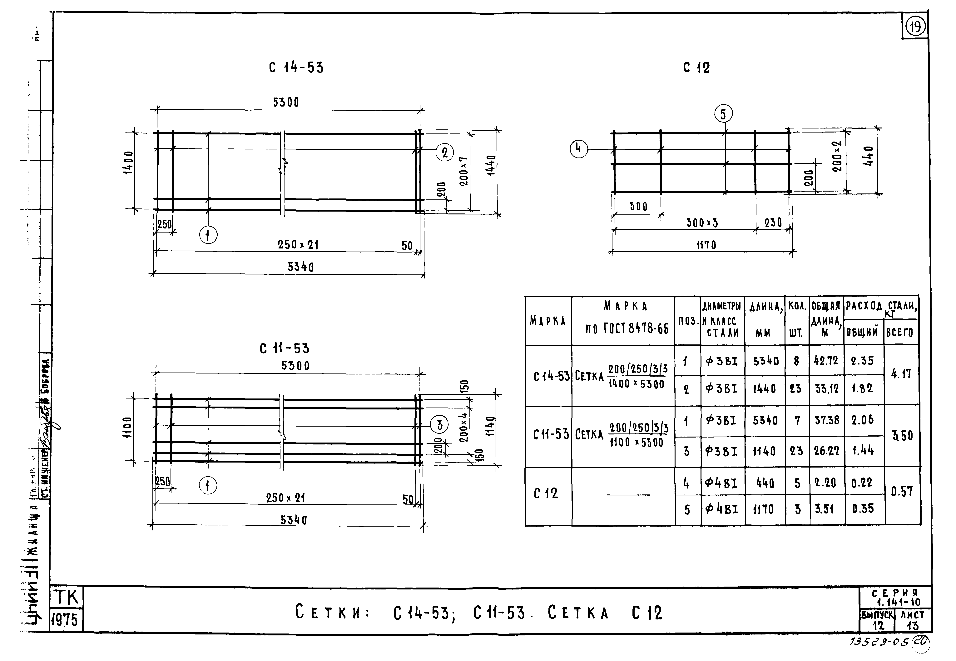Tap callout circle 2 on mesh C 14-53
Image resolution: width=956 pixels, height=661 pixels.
coord(445,153)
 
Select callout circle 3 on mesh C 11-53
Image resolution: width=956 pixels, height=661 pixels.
coord(439,424)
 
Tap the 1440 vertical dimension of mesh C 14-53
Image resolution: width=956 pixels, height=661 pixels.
coord(491,166)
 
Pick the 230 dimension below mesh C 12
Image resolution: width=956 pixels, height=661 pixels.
coord(773,223)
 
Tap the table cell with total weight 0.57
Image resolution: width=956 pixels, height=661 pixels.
coord(902,492)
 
